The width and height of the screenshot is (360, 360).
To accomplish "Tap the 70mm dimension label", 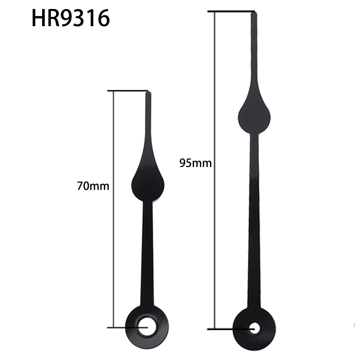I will (93, 186).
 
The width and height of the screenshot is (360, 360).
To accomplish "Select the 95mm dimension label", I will (195, 163).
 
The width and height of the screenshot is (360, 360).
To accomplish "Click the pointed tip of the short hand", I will (148, 93).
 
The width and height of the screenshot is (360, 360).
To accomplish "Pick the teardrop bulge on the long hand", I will (254, 115).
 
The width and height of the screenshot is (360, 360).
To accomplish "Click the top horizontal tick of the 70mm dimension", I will (126, 90).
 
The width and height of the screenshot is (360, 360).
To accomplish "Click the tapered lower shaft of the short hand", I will (147, 252).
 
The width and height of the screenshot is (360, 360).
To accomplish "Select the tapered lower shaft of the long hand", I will (254, 234).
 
